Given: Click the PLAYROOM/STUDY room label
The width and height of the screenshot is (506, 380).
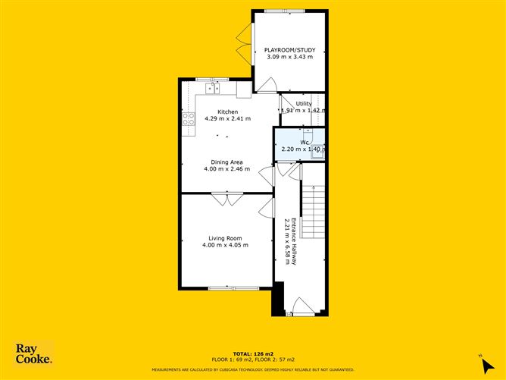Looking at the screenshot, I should click(289, 50).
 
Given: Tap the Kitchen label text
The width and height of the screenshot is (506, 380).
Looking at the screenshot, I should click(217, 112).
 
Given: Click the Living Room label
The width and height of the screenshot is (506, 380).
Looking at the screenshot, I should click(226, 238).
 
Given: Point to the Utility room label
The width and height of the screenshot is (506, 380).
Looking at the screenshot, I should click(303, 103).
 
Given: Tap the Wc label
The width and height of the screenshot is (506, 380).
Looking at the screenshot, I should click(304, 142).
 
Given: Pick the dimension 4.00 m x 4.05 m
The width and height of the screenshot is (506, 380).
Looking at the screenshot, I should click(226, 245).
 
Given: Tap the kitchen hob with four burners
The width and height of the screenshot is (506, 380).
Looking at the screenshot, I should click(189, 119).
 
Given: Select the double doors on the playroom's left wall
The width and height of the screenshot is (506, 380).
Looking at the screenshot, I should click(244, 42).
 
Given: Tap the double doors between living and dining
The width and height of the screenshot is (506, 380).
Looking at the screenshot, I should click(226, 199).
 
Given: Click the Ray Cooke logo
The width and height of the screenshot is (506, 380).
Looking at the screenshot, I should click(34, 353).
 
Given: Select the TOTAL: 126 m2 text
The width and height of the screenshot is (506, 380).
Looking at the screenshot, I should click(252, 353).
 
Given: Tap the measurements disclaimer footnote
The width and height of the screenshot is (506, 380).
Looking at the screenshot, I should click(252, 369).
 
